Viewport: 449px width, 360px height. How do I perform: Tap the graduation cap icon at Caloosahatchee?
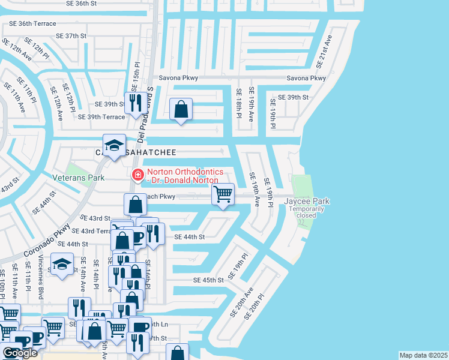[113, 146]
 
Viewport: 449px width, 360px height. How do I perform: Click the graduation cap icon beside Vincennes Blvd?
[62, 265]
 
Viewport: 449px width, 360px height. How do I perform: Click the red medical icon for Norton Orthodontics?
[137, 175]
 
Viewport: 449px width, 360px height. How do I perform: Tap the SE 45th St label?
[208, 280]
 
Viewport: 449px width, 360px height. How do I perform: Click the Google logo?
[20, 353]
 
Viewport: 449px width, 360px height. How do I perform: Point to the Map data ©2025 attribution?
[423, 355]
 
